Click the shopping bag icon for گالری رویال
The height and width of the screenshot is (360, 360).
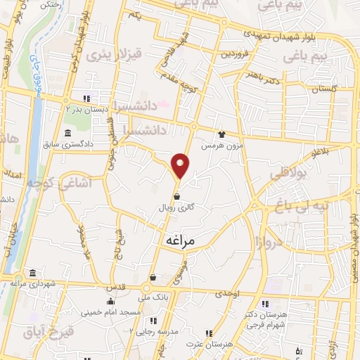click(x=176, y=196)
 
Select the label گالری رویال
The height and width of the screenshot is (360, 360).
click(x=177, y=209)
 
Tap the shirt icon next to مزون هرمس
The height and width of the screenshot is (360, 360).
click(x=222, y=134)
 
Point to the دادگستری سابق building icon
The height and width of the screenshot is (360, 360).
click(x=67, y=134)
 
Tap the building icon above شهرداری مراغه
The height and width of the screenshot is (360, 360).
click(x=32, y=273)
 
